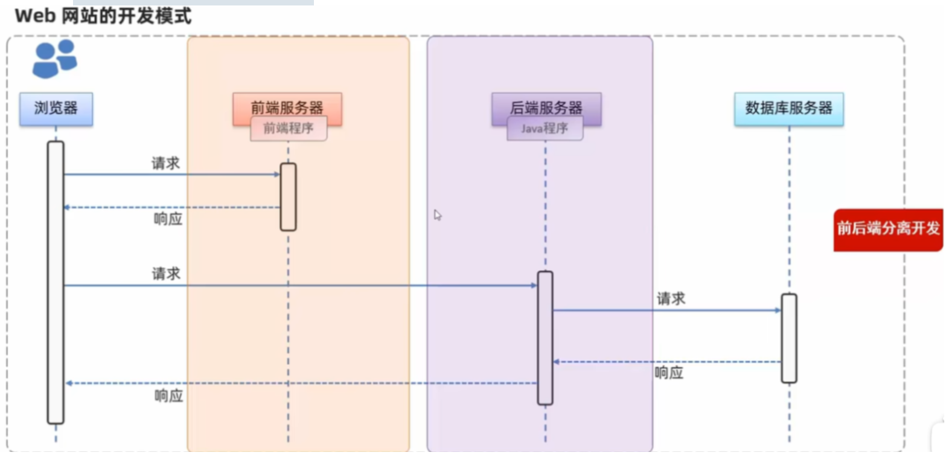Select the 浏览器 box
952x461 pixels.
(56, 109)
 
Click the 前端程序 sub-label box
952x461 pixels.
(289, 129)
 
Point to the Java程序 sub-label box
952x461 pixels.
(545, 129)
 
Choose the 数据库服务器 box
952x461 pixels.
(788, 109)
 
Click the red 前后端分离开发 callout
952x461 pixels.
(887, 229)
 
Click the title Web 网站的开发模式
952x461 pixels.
(103, 16)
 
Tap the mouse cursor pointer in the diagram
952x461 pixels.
(437, 215)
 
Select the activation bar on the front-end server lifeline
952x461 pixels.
(288, 196)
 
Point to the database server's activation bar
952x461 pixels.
(788, 338)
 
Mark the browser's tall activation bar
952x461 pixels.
(56, 282)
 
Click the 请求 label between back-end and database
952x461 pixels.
(671, 298)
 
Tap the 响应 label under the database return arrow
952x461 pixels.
(669, 373)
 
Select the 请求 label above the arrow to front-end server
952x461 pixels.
(165, 163)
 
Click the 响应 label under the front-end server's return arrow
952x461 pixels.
(168, 219)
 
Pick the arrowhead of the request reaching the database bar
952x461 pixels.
(778, 311)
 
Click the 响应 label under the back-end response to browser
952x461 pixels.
(168, 396)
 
